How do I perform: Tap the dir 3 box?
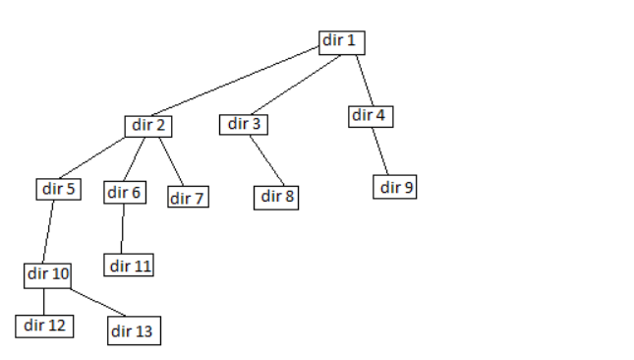coord(245,124)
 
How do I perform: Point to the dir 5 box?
coord(59,188)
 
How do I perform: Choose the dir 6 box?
coord(125,193)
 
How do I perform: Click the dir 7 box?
coord(187,198)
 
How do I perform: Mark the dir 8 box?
coord(278,196)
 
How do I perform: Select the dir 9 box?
coord(395,187)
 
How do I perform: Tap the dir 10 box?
coord(48,274)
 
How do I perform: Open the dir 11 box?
coord(131,266)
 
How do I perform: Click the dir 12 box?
coord(44,325)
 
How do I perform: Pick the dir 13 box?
coord(132,330)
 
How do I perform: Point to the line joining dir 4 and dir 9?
coord(382,150)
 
